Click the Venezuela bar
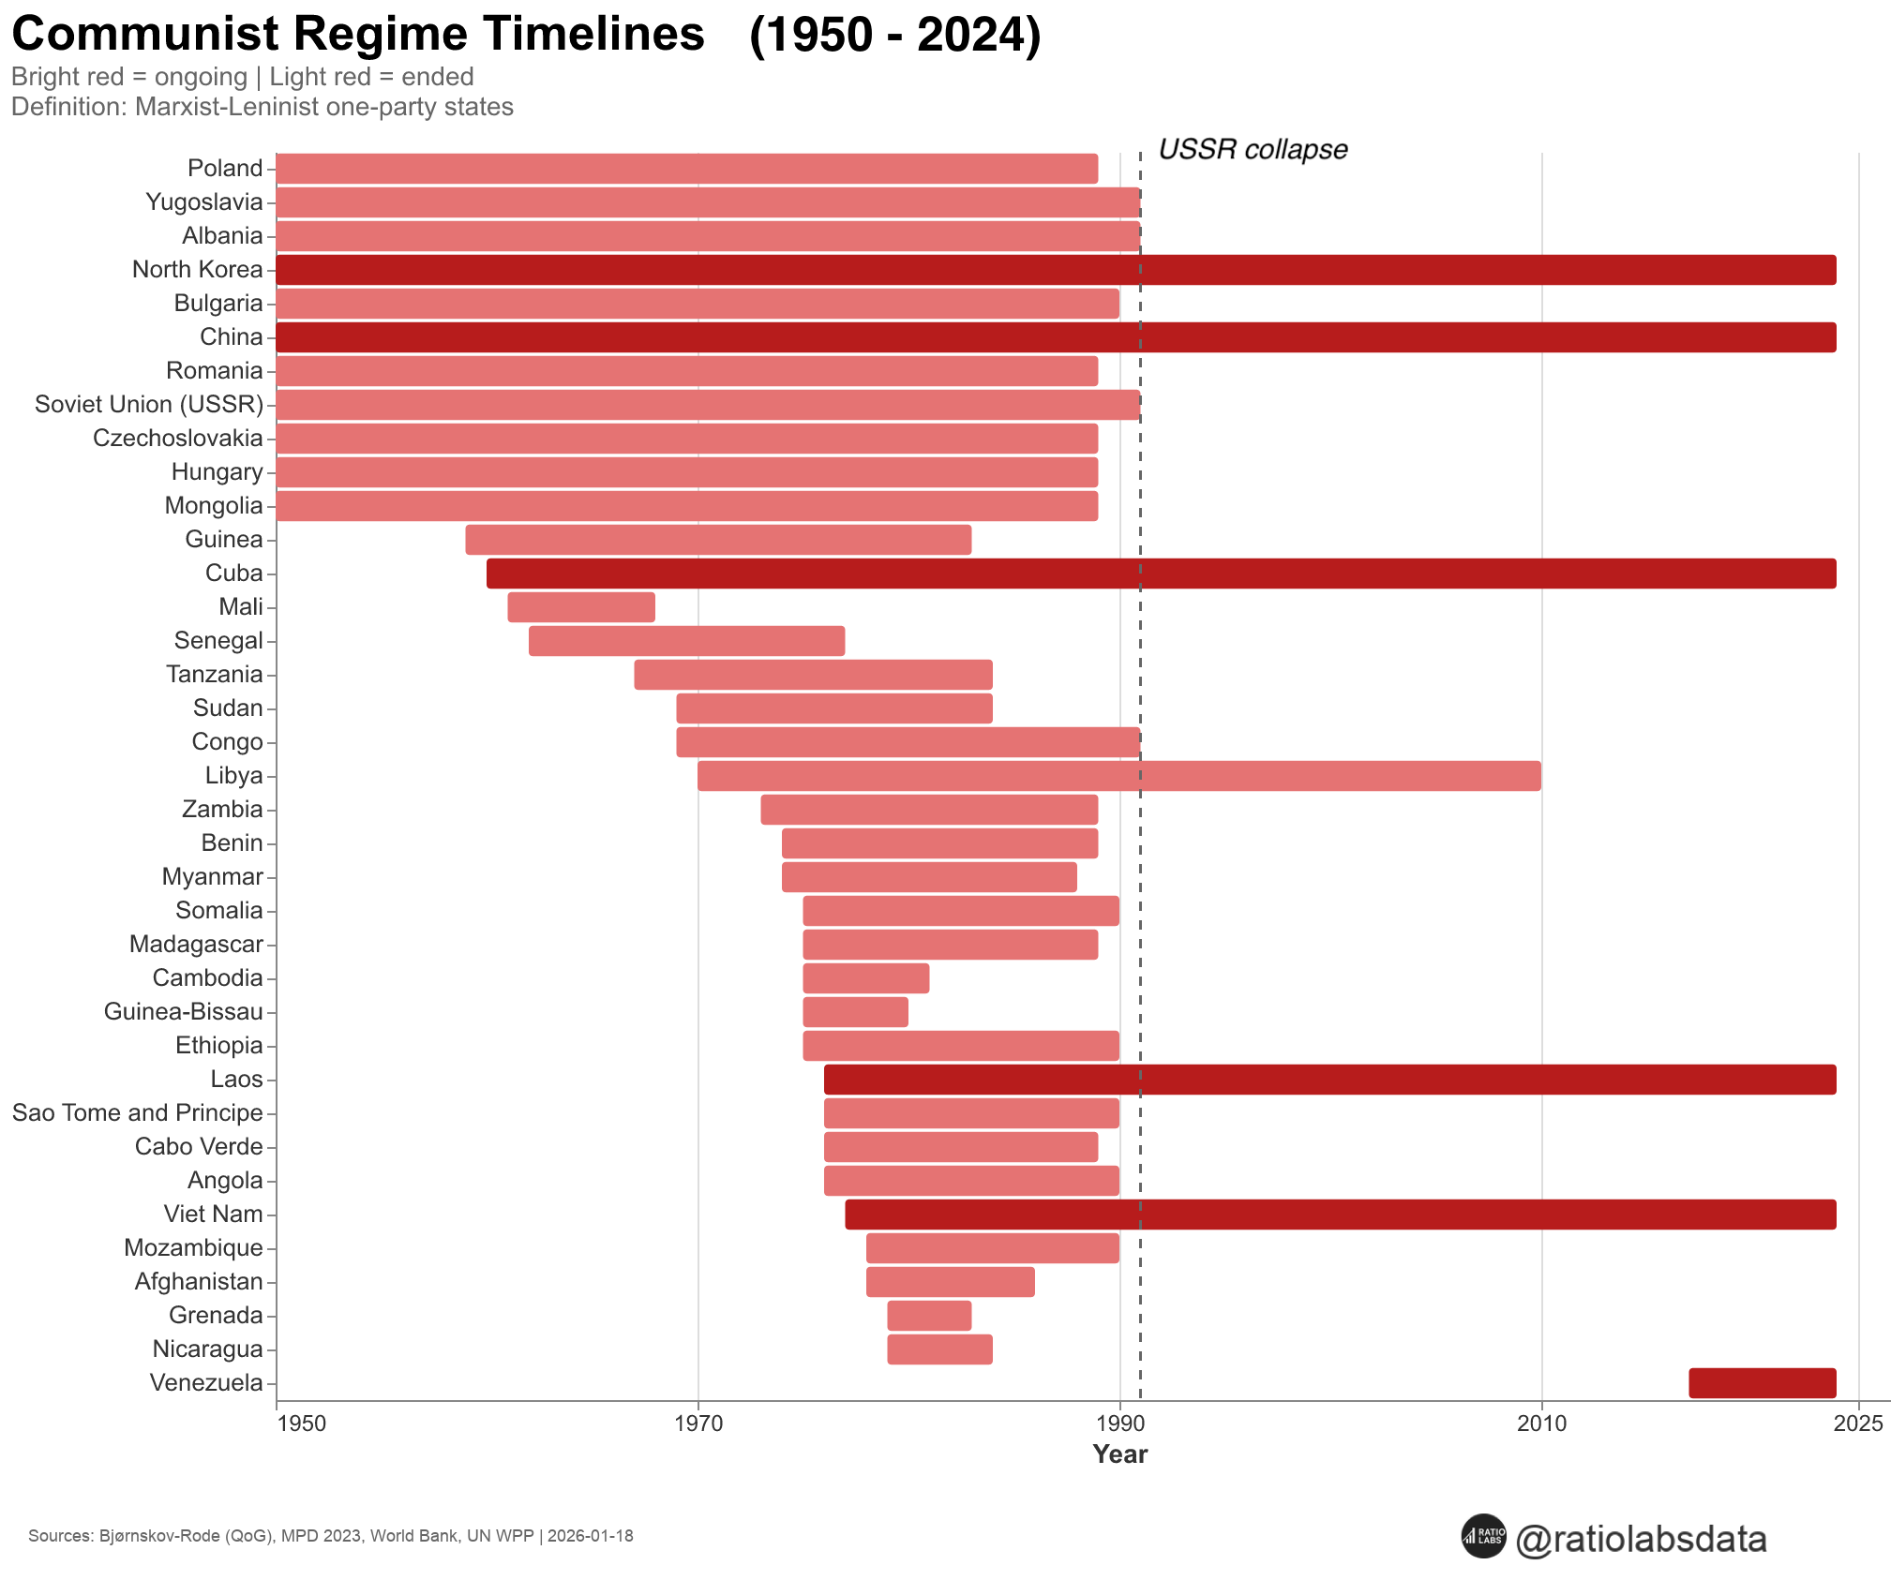coord(1762,1382)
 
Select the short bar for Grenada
coord(929,1315)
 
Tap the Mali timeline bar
coord(581,606)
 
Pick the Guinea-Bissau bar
coord(855,1011)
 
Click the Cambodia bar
coord(865,977)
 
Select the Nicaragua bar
coord(939,1349)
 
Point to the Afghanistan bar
coord(950,1281)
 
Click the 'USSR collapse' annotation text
coord(1253,149)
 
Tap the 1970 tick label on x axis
coord(698,1424)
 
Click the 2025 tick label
coord(1857,1424)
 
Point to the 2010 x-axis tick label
coord(1541,1424)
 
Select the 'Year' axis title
coord(1119,1453)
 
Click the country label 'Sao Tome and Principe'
coord(138,1112)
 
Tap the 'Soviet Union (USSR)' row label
coord(149,404)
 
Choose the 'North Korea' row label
coord(197,269)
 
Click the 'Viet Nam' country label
coord(213,1214)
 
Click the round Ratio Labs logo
coord(1483,1536)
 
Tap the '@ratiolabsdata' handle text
coord(1641,1539)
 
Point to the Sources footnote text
coord(330,1536)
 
